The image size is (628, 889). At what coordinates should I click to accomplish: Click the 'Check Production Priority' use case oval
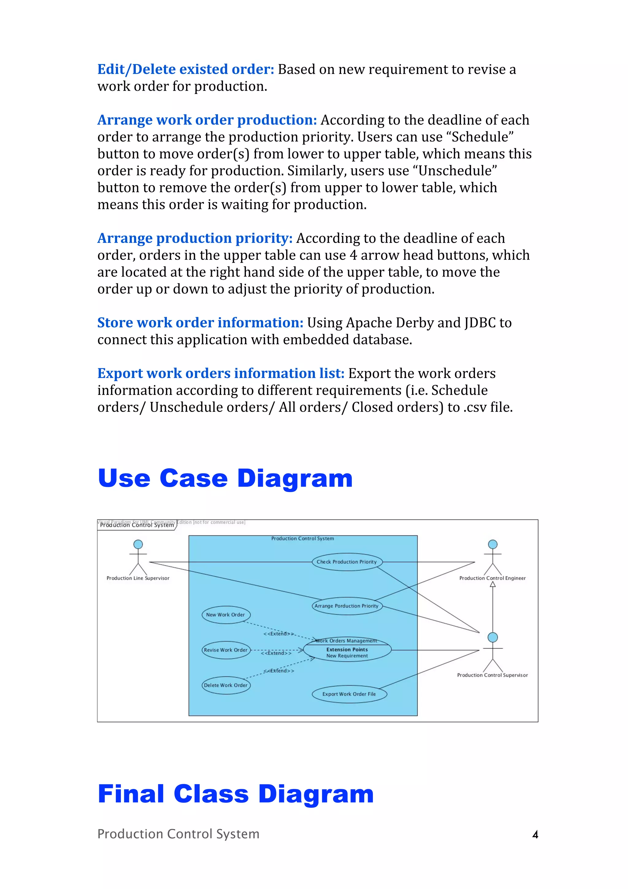point(347,562)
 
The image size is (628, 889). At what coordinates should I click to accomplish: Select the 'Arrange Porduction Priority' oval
point(347,606)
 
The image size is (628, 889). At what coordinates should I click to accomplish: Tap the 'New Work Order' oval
point(226,615)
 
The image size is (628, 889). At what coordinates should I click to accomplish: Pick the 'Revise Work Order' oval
point(226,650)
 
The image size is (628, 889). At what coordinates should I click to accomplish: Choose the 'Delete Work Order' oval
point(226,685)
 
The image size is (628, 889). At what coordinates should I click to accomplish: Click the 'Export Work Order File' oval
point(349,694)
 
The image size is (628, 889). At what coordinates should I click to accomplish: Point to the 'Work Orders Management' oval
point(347,650)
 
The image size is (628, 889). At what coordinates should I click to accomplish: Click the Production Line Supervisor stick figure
point(138,558)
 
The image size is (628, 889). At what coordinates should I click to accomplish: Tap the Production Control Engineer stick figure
point(492,558)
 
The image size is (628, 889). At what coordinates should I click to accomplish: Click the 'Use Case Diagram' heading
point(225,479)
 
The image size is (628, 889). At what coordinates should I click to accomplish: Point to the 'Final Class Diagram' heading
point(235,794)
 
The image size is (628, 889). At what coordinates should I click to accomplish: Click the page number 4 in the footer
point(535,835)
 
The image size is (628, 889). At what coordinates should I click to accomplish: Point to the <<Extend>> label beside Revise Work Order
point(276,653)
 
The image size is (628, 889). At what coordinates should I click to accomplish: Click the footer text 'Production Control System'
point(178,834)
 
